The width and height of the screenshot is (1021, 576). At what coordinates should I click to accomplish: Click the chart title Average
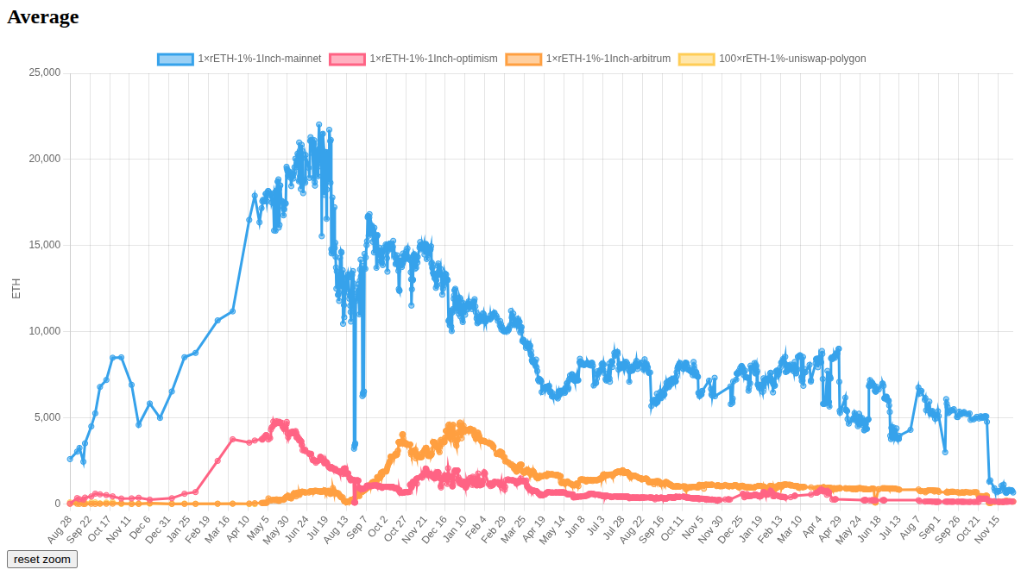click(x=43, y=17)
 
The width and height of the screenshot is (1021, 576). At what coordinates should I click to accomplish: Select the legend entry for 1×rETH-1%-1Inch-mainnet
click(x=239, y=59)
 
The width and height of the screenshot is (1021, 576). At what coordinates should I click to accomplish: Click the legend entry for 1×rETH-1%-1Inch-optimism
click(x=413, y=59)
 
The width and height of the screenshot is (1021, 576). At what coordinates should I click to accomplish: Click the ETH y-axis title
click(x=16, y=288)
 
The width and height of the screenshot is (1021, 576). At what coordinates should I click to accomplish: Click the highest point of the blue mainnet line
click(x=319, y=125)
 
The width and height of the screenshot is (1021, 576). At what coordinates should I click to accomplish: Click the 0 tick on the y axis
click(x=58, y=504)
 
